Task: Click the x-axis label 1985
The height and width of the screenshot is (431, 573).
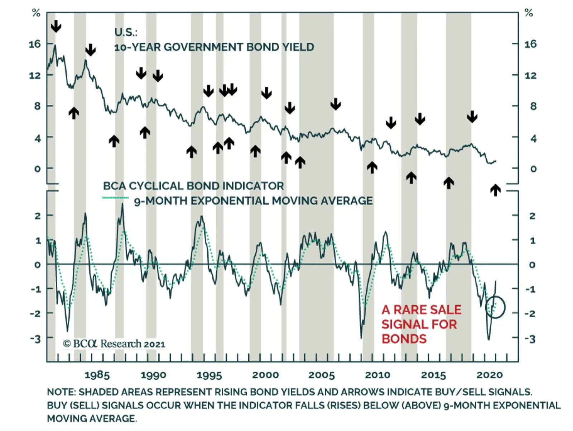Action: point(97,375)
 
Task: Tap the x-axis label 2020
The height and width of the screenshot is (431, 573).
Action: point(490,375)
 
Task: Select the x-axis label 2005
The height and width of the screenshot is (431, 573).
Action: point(321,375)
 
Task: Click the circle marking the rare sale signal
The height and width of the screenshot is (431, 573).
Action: point(495,307)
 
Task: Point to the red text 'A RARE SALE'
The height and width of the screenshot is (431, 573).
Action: point(422,310)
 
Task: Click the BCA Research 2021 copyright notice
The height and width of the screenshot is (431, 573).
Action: point(114,344)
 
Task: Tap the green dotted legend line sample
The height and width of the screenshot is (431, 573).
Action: point(115,198)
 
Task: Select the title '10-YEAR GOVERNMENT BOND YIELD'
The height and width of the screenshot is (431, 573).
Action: point(214,47)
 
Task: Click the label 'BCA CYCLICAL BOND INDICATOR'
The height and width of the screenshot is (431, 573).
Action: point(193,186)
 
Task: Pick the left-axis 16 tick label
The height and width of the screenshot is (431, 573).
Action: point(35,44)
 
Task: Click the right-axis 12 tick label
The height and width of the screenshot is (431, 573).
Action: point(531,75)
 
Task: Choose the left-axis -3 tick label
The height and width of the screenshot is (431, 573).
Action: point(35,338)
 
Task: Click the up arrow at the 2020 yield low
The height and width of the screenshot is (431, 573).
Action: point(495,190)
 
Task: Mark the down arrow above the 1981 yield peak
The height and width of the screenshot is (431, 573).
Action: point(56,26)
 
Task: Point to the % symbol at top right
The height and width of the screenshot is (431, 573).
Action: point(529,13)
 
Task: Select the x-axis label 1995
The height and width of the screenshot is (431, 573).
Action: point(209,375)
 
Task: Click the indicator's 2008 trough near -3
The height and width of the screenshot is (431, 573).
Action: point(361,337)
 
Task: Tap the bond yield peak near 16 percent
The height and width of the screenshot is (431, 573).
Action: point(55,46)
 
